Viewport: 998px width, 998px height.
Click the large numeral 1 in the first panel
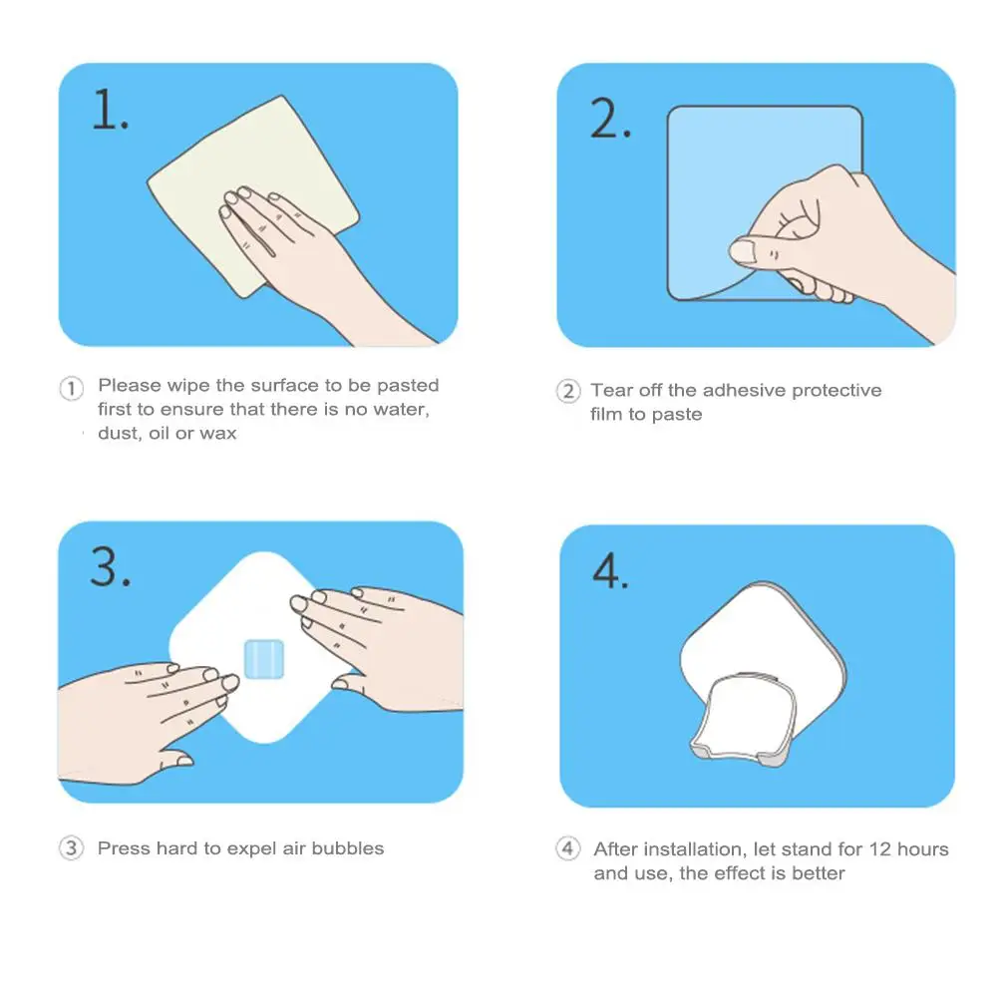tap(105, 109)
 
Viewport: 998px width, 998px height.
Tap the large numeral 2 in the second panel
tap(605, 118)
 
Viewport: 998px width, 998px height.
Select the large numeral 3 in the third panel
tap(105, 566)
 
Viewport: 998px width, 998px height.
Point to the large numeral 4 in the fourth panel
tap(605, 570)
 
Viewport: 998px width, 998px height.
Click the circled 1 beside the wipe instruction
tap(72, 388)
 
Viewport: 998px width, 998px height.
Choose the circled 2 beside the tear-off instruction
tap(568, 391)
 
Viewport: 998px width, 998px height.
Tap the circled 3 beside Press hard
tap(72, 848)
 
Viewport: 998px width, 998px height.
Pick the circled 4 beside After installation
tap(567, 848)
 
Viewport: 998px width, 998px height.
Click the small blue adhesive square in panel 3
tap(264, 659)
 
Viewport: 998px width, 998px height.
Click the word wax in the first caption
tap(218, 434)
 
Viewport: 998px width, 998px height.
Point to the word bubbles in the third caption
tap(348, 848)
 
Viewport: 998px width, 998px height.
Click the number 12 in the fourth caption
tap(879, 849)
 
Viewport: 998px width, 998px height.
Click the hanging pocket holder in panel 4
tap(743, 718)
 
